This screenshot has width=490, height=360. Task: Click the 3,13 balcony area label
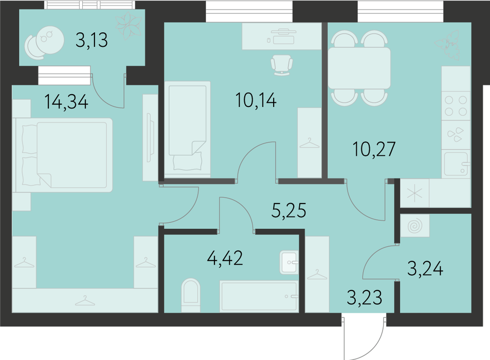pyautogui.click(x=92, y=40)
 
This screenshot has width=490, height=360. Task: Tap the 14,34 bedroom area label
pyautogui.click(x=66, y=101)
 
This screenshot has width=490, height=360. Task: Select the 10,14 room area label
pyautogui.click(x=256, y=100)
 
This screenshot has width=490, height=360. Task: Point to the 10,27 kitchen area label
pyautogui.click(x=374, y=149)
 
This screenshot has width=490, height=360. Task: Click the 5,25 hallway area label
pyautogui.click(x=289, y=210)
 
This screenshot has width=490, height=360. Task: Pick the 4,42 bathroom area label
pyautogui.click(x=225, y=258)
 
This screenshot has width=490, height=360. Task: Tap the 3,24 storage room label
pyautogui.click(x=425, y=268)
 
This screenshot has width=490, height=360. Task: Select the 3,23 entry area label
pyautogui.click(x=365, y=297)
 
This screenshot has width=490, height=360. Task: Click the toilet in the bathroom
pyautogui.click(x=191, y=295)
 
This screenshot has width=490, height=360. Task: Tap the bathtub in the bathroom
pyautogui.click(x=259, y=296)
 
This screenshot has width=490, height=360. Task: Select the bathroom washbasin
pyautogui.click(x=289, y=262)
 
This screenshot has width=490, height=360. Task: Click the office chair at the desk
pyautogui.click(x=282, y=65)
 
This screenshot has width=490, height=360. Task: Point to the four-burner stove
pyautogui.click(x=456, y=105)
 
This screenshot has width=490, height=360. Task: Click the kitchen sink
pyautogui.click(x=456, y=164)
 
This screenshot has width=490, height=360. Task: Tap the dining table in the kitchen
pyautogui.click(x=359, y=68)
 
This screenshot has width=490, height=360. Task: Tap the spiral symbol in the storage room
pyautogui.click(x=415, y=225)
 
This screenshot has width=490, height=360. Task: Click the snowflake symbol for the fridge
pyautogui.click(x=415, y=193)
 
